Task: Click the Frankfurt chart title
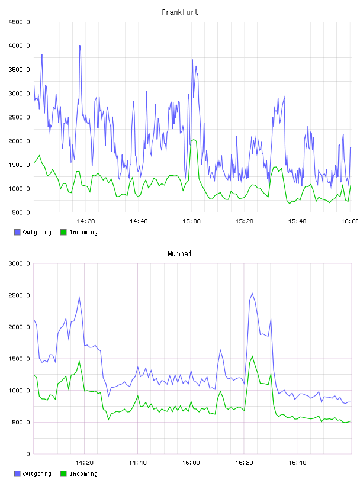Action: point(180,12)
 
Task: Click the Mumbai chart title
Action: point(179,253)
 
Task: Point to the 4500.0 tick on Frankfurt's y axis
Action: point(20,22)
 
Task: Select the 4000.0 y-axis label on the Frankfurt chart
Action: point(20,46)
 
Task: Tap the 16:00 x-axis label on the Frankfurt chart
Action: point(350,221)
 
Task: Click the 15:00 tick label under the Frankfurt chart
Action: point(191,221)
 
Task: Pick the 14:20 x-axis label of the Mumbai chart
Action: point(84,462)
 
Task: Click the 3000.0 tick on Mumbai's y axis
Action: point(20,263)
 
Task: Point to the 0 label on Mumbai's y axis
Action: point(28,454)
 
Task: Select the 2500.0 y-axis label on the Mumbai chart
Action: point(20,295)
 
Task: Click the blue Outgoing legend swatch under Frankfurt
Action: point(17,232)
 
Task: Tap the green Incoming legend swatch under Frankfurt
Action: point(63,232)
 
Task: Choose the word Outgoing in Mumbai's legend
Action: point(37,474)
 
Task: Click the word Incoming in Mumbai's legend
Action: point(83,474)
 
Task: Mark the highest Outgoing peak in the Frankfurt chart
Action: point(80,45)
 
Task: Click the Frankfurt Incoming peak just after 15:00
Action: point(194,140)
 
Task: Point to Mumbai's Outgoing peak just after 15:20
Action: point(252,293)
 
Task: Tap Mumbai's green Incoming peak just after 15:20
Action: point(252,356)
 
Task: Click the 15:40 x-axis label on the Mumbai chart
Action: point(297,462)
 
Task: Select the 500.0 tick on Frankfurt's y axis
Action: point(21,212)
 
